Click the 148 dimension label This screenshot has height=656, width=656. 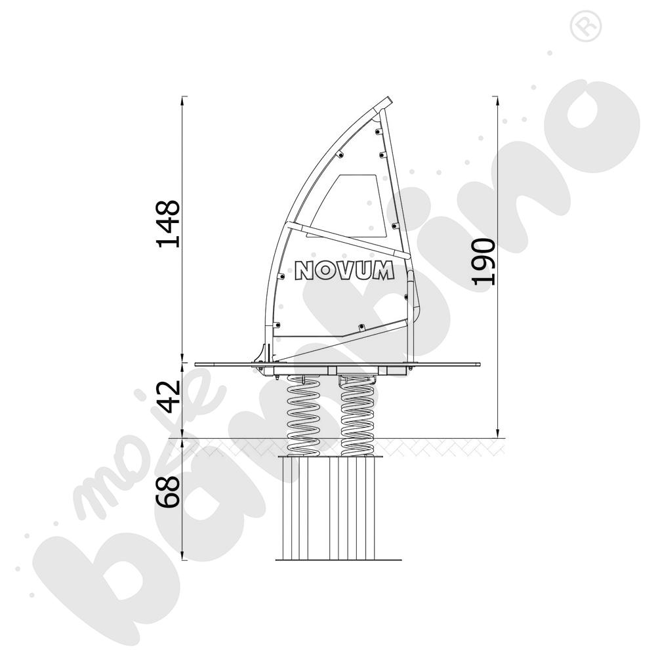tap(168, 224)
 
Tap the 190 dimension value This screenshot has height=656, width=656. tap(483, 262)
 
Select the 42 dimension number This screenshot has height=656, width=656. tap(168, 397)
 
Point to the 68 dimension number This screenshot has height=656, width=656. tap(168, 493)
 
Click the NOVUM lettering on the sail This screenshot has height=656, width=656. tap(344, 270)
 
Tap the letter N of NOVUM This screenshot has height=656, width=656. tap(304, 271)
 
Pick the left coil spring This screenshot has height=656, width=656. tap(303, 415)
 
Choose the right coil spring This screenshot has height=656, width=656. tap(358, 415)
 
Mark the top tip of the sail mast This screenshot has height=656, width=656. tap(390, 99)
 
